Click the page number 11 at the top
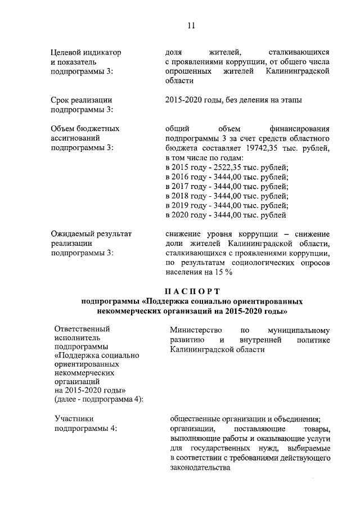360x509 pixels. tap(191, 25)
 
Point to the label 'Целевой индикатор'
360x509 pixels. tap(85, 52)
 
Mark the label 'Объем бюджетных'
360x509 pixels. tap(85, 128)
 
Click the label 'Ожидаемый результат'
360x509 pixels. tap(91, 233)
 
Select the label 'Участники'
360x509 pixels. tap(74, 418)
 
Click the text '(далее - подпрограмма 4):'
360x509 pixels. tap(98, 399)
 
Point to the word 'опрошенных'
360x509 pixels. tap(188, 73)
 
